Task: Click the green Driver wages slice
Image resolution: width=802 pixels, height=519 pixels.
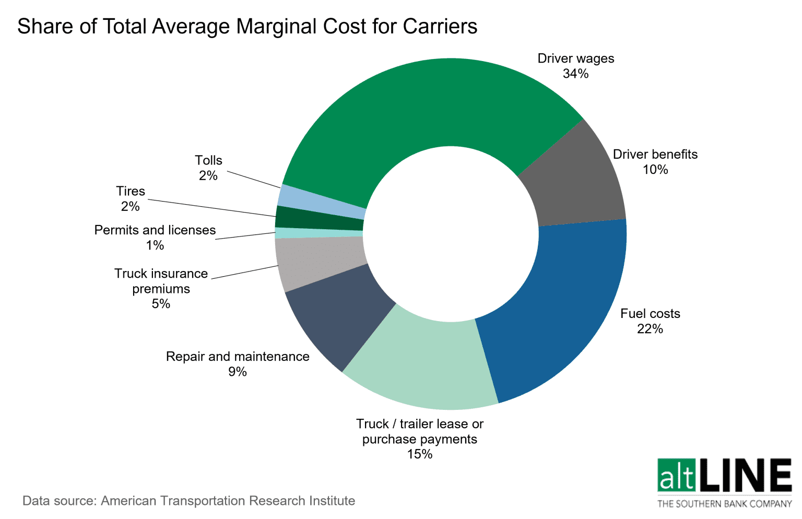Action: click(x=428, y=104)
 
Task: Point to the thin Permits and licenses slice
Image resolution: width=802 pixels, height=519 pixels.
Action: click(x=319, y=233)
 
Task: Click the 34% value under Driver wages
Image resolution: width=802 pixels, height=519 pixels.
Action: click(x=575, y=74)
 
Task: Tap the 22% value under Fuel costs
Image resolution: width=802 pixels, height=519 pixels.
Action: click(x=650, y=329)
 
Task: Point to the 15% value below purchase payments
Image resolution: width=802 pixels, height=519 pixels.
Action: click(x=420, y=454)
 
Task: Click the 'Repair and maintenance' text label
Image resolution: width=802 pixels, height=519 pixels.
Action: click(x=238, y=357)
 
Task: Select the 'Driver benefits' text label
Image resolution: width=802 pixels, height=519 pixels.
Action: click(x=655, y=155)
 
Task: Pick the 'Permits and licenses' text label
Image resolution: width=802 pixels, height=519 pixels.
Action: click(x=155, y=230)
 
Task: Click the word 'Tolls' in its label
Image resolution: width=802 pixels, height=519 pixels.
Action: click(x=208, y=160)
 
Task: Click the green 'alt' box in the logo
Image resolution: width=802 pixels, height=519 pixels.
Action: click(x=677, y=476)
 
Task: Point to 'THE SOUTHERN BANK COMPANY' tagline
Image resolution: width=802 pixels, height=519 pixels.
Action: click(x=724, y=504)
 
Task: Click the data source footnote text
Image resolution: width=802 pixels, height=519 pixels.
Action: click(x=188, y=501)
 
